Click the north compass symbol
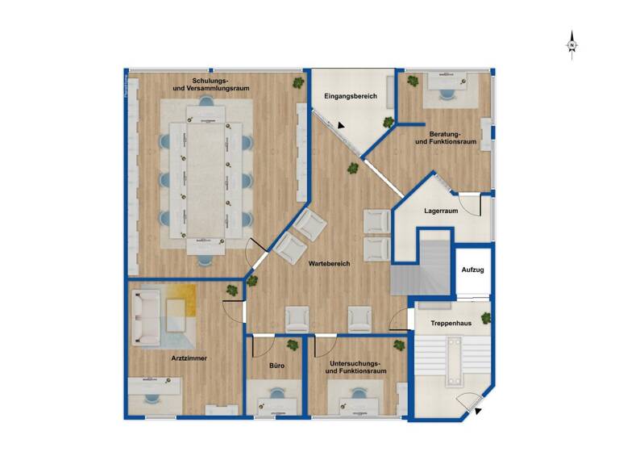pyautogui.click(x=571, y=44)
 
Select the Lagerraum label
pyautogui.click(x=441, y=211)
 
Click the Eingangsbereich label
pyautogui.click(x=351, y=97)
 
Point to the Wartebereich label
pyautogui.click(x=329, y=264)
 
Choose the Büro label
pyautogui.click(x=276, y=366)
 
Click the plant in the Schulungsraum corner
pyautogui.click(x=299, y=82)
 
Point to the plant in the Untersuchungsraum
pyautogui.click(x=399, y=345)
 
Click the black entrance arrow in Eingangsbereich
pyautogui.click(x=343, y=126)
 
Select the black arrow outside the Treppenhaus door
pyautogui.click(x=480, y=412)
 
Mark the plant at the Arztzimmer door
pyautogui.click(x=253, y=281)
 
